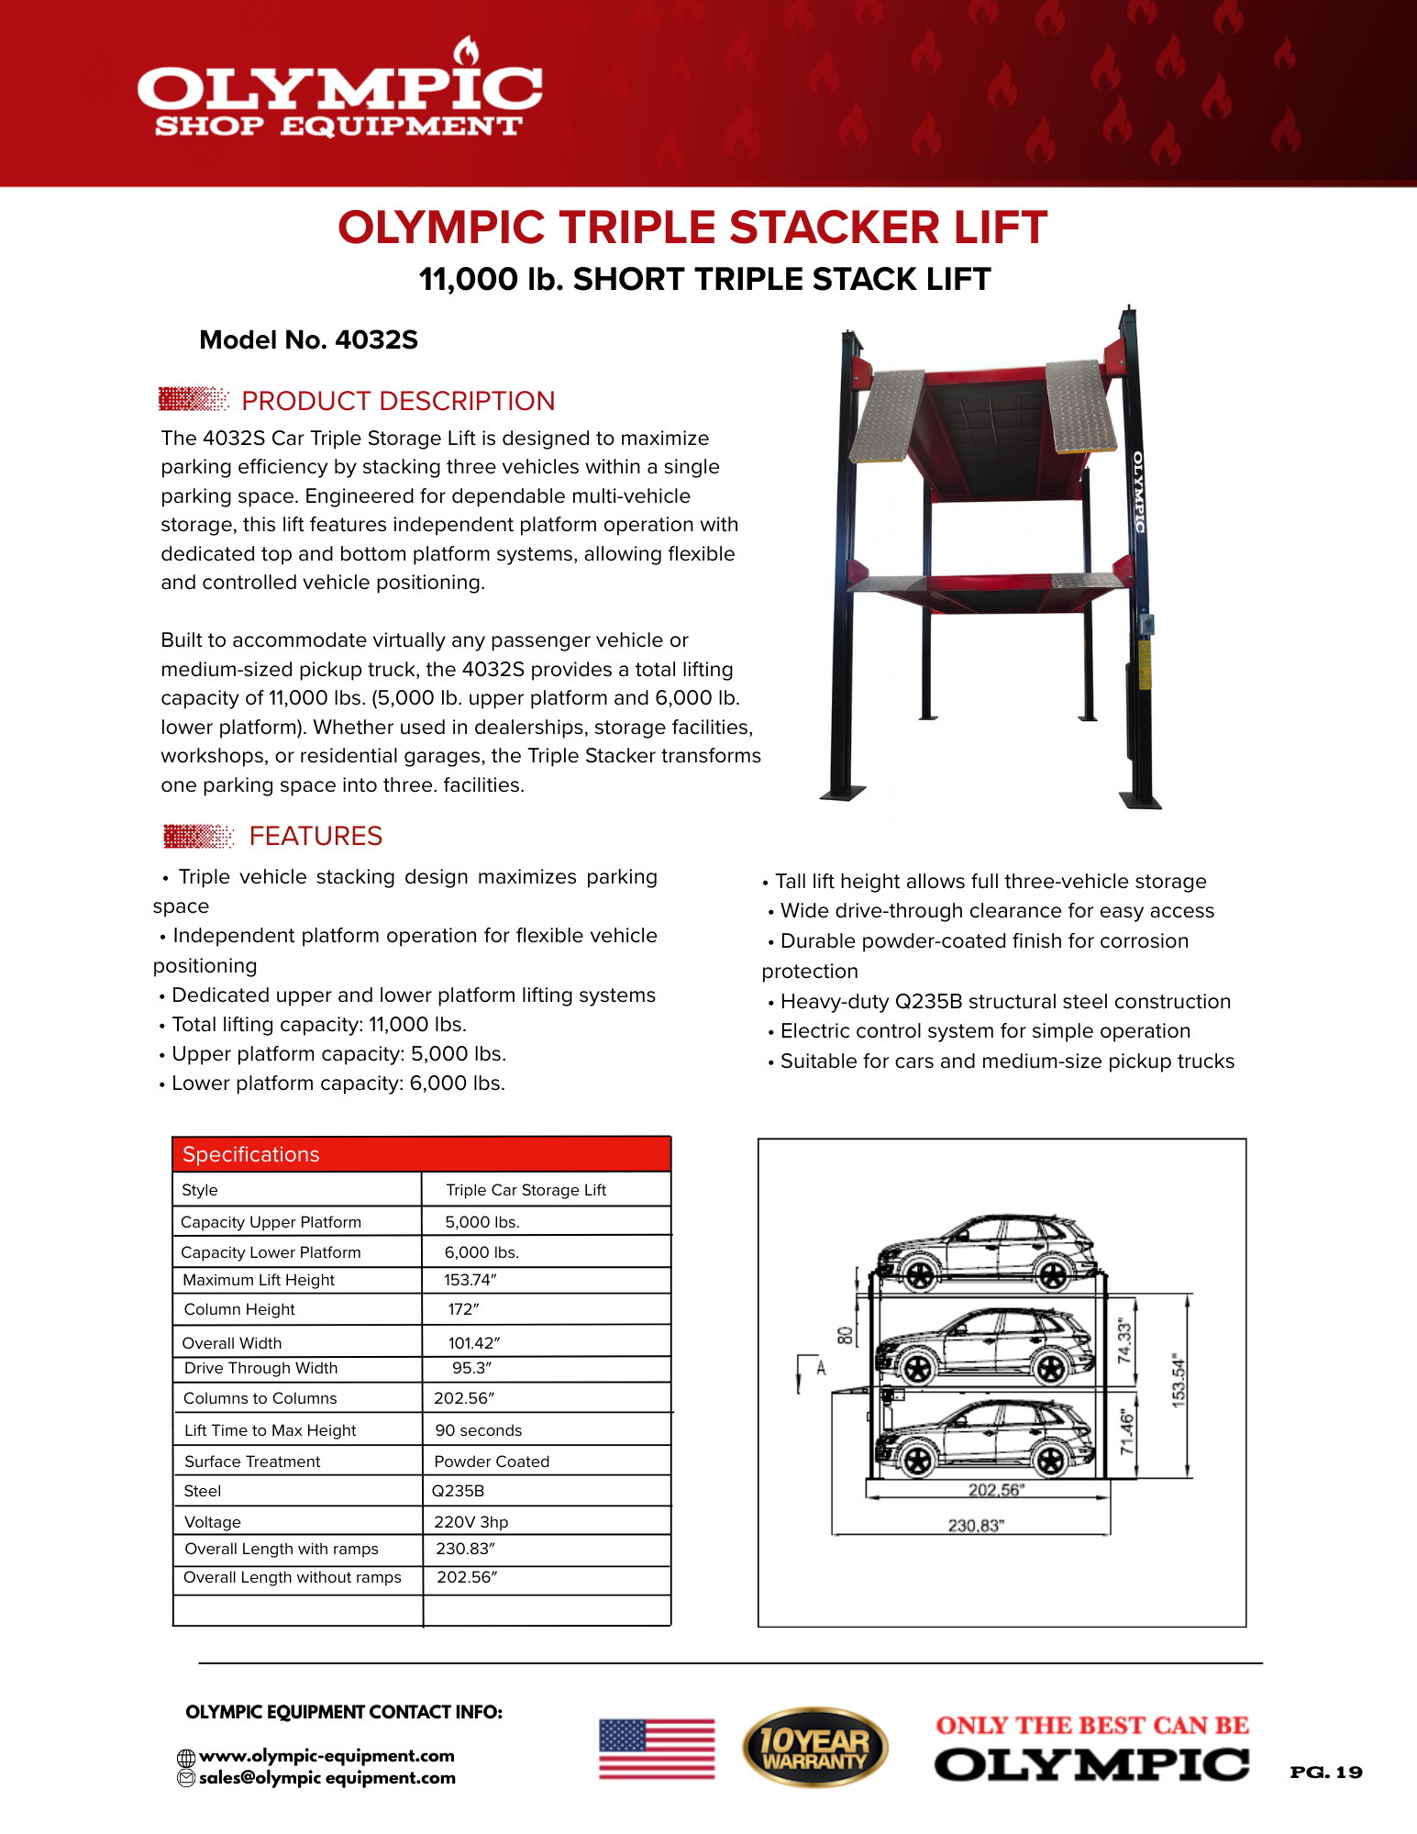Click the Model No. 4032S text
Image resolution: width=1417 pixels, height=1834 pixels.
(x=308, y=340)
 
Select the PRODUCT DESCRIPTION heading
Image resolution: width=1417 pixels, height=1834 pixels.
(x=397, y=401)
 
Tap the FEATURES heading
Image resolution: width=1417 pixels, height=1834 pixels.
(x=316, y=836)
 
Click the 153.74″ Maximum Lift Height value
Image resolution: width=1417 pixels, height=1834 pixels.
(x=470, y=1280)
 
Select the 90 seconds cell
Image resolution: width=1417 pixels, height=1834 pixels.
(x=478, y=1430)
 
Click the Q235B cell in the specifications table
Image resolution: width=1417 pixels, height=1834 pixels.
(x=458, y=1491)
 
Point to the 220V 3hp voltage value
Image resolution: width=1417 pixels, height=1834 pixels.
(x=470, y=1522)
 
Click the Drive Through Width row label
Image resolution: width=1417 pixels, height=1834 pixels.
(x=260, y=1368)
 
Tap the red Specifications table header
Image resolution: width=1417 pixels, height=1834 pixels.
(x=422, y=1154)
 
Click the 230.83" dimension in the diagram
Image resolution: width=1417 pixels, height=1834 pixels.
(x=976, y=1526)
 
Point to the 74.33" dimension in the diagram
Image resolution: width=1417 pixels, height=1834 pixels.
(x=1125, y=1341)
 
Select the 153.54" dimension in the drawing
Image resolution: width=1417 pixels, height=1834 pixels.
(x=1179, y=1380)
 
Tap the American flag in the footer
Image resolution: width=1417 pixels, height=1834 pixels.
(x=657, y=1749)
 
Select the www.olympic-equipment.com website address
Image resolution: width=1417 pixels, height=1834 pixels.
(x=327, y=1756)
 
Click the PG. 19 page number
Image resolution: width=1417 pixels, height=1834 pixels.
(x=1325, y=1773)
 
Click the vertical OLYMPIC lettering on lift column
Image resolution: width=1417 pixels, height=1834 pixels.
(x=1138, y=493)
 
